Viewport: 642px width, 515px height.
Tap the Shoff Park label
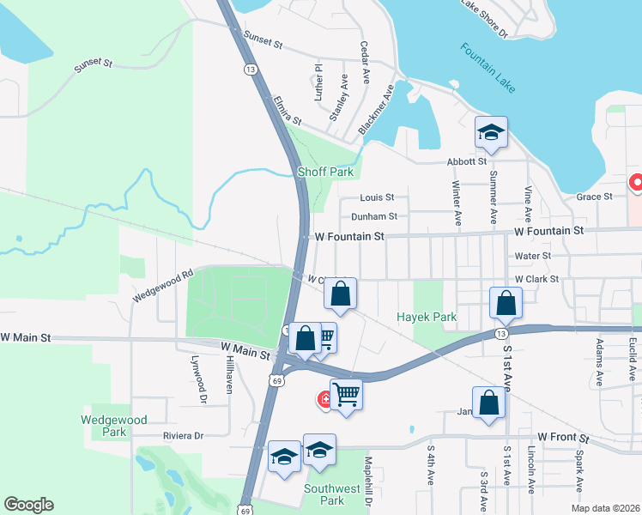(325, 172)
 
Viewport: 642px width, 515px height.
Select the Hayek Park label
(427, 317)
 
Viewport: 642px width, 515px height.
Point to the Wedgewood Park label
(113, 426)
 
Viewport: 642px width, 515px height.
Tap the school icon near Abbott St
(491, 133)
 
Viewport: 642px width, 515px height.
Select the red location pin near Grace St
(637, 183)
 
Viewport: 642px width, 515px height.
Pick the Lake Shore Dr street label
(485, 18)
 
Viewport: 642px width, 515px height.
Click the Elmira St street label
(287, 111)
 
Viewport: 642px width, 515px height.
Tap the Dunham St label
(374, 217)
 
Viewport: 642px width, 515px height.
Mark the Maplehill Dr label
(366, 481)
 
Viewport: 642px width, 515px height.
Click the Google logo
(29, 505)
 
